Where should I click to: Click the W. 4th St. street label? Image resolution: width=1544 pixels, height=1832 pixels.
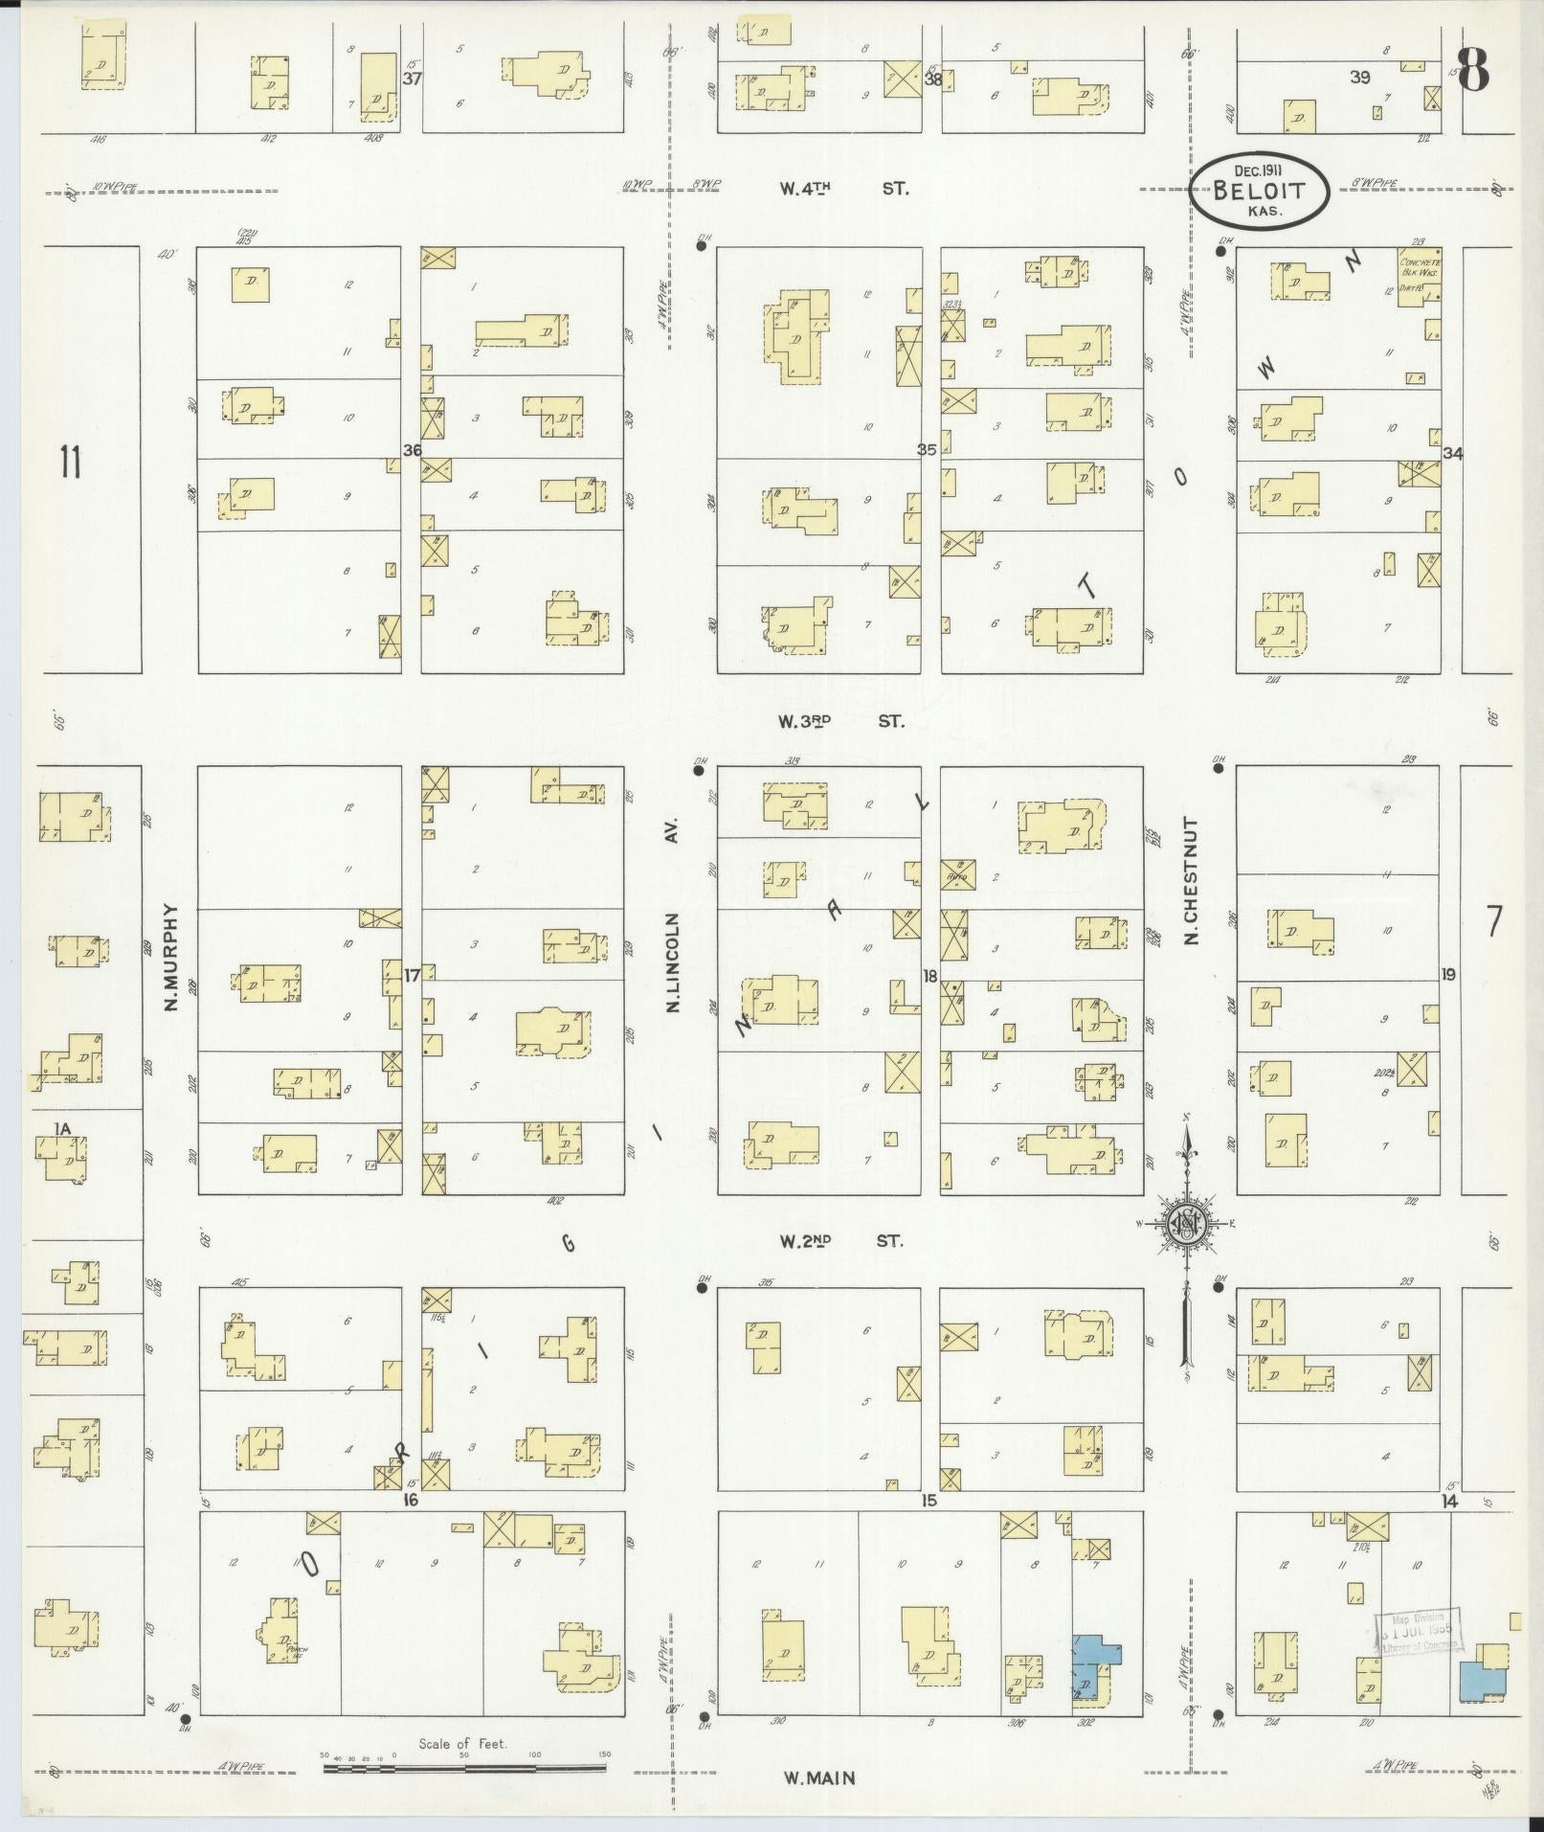842,189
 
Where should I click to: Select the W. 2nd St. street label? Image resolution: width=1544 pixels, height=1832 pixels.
840,1241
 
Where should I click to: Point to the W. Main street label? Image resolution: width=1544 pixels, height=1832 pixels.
818,1778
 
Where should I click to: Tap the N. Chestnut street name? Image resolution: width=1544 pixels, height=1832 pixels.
1191,880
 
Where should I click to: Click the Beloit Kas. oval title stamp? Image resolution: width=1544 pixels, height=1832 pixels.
1260,190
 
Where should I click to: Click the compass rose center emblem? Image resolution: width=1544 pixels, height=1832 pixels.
1186,1224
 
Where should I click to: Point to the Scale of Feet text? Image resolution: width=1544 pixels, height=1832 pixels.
463,1744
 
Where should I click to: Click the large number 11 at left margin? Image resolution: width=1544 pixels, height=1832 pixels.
70,463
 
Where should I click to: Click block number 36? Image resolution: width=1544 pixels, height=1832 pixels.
413,450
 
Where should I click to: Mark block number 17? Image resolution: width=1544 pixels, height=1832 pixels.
413,976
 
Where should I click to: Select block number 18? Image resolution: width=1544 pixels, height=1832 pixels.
929,976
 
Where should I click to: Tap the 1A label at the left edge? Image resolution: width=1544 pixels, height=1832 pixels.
63,1129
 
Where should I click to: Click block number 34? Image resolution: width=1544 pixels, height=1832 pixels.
1453,454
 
